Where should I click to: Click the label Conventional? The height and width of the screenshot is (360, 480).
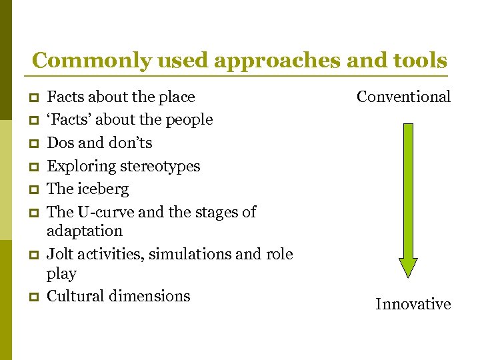coord(403,97)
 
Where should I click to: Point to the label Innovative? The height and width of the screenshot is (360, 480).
coord(413,305)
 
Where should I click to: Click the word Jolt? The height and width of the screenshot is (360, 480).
coord(60,254)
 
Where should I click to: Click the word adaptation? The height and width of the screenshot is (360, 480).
coord(85,231)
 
